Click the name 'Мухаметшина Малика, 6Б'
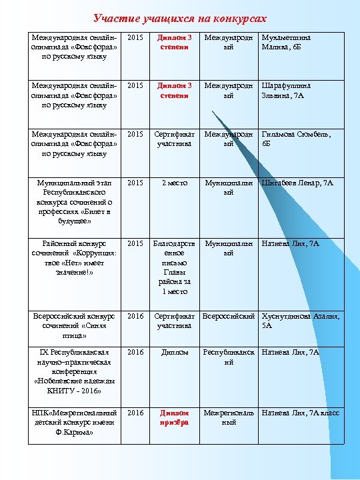(x=287, y=43)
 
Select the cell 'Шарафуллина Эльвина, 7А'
(x=287, y=91)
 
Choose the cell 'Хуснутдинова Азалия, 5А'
(x=301, y=321)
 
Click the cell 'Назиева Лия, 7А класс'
(x=301, y=413)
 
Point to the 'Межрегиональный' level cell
(x=229, y=418)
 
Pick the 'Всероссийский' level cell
(x=229, y=316)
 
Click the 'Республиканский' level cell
(x=229, y=357)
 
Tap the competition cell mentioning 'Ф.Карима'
(x=74, y=423)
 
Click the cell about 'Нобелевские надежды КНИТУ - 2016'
(x=74, y=371)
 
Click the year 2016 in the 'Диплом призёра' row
(x=135, y=413)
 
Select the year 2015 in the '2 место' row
(x=135, y=183)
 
